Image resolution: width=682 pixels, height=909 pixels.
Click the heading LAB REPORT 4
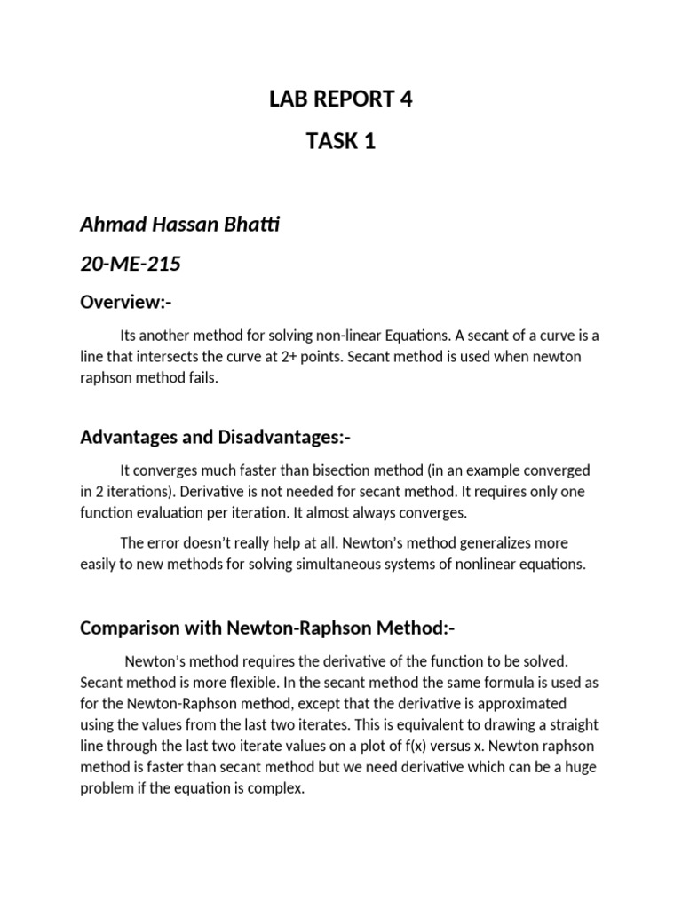341,99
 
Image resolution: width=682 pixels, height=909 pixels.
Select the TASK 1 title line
341,141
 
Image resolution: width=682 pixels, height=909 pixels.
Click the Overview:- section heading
125,303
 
